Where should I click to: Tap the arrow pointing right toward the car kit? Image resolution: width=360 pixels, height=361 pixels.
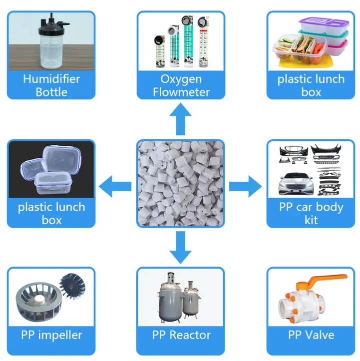coord(245,187)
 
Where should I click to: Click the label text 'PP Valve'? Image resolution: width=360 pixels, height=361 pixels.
coord(311,335)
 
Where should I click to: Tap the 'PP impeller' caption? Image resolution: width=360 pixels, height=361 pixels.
coord(51,335)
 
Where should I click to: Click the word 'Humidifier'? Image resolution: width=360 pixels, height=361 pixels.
coord(51,79)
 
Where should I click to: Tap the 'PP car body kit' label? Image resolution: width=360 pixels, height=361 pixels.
coord(311,213)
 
